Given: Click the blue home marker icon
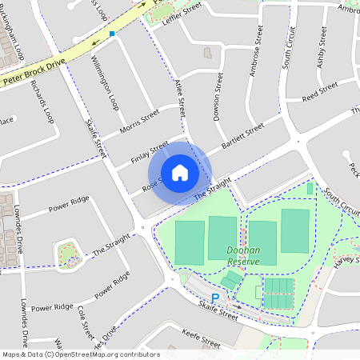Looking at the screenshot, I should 180,172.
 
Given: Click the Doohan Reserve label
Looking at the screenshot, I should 242,255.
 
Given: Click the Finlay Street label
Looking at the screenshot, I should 149,152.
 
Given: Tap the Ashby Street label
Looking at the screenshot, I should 322,47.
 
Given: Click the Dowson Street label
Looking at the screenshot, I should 216,94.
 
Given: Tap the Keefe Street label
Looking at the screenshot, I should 201,342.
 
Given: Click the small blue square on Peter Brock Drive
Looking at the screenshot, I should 113,34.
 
